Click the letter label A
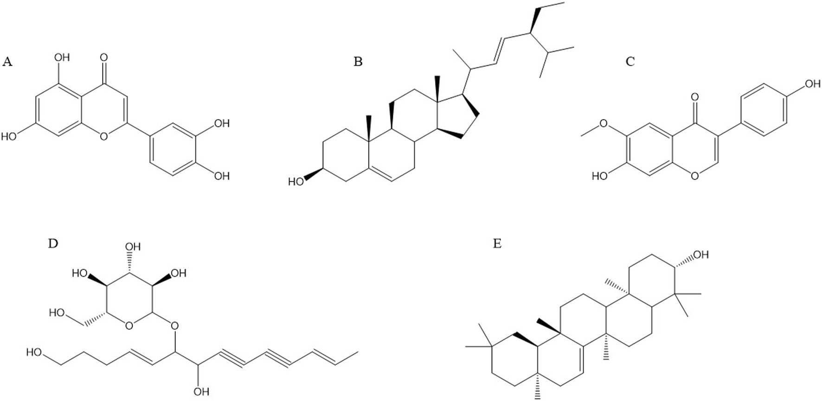point(7,62)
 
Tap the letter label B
point(358,62)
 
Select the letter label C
point(630,62)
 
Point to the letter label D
point(52,243)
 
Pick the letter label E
point(497,243)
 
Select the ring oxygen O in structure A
point(103,136)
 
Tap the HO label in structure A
point(9,136)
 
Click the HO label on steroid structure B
point(295,182)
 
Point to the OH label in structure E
point(701,255)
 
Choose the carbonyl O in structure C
point(694,97)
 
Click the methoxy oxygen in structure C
point(603,123)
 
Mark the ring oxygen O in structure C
point(694,176)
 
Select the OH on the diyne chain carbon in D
point(201,392)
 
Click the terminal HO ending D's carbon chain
point(34,352)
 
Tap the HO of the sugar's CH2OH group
point(57,313)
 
